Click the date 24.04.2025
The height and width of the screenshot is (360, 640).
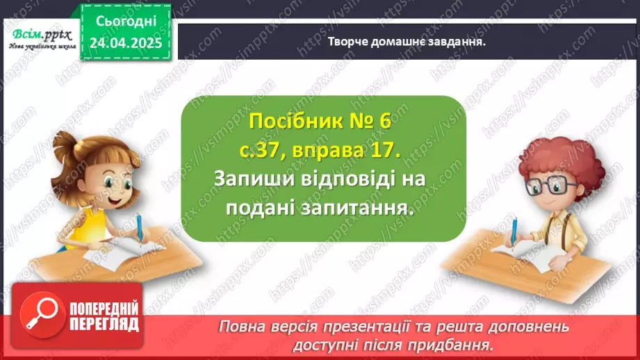pos(126,43)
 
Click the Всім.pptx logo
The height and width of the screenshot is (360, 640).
pos(40,38)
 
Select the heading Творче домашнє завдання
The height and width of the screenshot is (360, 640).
pos(406,41)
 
